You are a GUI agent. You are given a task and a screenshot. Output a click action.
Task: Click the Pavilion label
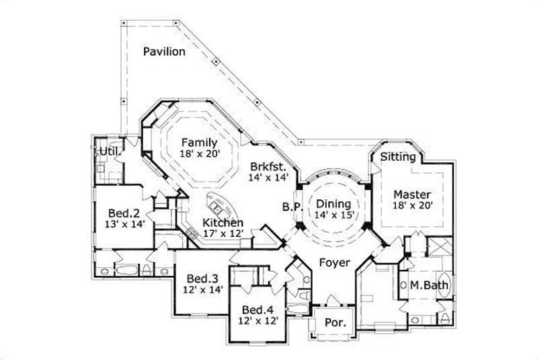coord(164,51)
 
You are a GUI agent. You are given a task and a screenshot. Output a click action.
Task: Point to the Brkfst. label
coord(269,166)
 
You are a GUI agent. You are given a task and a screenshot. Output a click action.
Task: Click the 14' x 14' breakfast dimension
coord(269,178)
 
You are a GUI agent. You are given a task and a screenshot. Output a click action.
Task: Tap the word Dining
coord(334,203)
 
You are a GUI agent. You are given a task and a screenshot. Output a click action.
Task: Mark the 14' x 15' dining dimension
coord(334,215)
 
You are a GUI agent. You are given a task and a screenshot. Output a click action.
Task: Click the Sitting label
coord(398,157)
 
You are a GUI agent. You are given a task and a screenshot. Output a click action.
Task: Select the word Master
coord(412,194)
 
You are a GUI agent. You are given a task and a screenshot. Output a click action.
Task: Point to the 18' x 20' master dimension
coord(412,205)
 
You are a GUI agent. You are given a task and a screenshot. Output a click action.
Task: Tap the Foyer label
coord(334,262)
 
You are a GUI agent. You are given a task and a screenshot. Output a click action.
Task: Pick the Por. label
coord(335,322)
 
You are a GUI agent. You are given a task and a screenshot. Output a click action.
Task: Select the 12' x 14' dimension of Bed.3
coord(202,290)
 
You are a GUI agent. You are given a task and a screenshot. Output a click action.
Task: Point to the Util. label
coord(110,152)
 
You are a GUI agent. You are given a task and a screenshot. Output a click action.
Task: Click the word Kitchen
coord(224,222)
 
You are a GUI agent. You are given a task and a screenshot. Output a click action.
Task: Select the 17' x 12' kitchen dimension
coord(224,233)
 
